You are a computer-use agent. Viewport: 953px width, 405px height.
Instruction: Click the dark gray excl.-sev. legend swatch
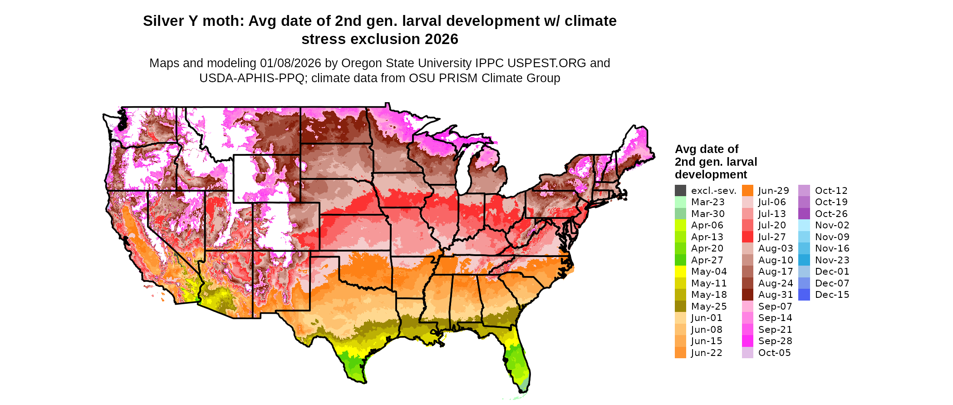tap(680, 191)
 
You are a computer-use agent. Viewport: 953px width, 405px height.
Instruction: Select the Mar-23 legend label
tap(707, 202)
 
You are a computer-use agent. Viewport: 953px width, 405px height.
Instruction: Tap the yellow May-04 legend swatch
tap(680, 272)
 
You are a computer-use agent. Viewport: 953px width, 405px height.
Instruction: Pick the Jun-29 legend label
tap(774, 191)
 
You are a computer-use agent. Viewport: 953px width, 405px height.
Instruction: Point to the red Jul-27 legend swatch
tap(747, 237)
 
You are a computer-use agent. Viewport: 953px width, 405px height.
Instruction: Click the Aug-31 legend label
tap(776, 295)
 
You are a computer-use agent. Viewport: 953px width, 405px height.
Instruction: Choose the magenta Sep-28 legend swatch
tap(747, 341)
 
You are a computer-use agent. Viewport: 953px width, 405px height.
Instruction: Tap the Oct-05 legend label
tap(774, 353)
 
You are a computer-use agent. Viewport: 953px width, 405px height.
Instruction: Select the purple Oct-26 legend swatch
tap(804, 214)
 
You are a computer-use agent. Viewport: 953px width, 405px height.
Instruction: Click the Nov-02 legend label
tap(832, 225)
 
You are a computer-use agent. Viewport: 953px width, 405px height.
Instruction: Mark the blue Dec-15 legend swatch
tap(804, 295)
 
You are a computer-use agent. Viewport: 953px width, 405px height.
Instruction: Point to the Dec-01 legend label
tap(832, 272)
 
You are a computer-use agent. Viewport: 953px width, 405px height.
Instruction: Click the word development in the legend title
tap(711, 175)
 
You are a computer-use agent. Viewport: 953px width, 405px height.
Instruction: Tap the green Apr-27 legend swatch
tap(680, 260)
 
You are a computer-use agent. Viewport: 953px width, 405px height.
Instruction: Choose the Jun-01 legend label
tap(707, 318)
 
